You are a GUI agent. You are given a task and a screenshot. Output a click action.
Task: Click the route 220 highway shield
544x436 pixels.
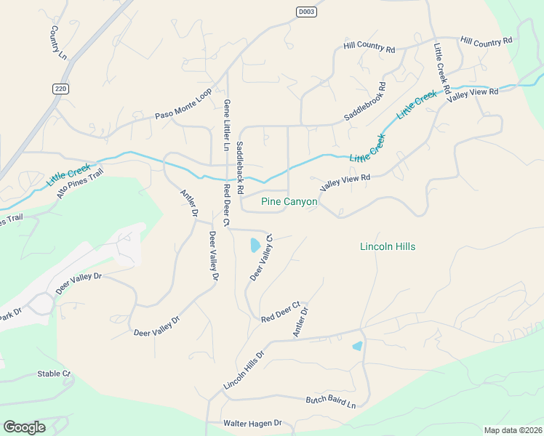click(60, 88)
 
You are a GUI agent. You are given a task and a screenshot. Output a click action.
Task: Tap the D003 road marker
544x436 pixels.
click(306, 12)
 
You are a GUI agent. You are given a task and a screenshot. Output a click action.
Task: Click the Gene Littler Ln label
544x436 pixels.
click(227, 126)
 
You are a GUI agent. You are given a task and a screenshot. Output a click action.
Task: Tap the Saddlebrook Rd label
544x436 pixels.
click(364, 102)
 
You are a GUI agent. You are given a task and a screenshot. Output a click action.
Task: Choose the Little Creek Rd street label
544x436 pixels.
click(441, 63)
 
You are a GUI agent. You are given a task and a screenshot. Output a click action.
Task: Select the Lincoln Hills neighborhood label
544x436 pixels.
click(388, 247)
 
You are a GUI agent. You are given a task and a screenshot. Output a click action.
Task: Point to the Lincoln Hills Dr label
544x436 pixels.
click(244, 370)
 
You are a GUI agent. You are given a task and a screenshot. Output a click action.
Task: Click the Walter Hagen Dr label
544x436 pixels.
click(252, 424)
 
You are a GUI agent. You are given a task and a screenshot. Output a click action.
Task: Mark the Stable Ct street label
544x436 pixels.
click(55, 374)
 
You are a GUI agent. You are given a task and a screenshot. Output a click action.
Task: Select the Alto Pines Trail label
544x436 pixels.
click(80, 183)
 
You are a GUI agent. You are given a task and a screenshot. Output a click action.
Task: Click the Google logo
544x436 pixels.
click(24, 427)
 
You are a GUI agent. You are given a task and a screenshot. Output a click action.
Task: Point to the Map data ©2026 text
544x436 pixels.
click(513, 430)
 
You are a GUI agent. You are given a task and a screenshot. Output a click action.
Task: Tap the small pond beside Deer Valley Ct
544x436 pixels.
click(255, 245)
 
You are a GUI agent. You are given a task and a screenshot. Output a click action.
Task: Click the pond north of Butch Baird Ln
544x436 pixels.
click(357, 347)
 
